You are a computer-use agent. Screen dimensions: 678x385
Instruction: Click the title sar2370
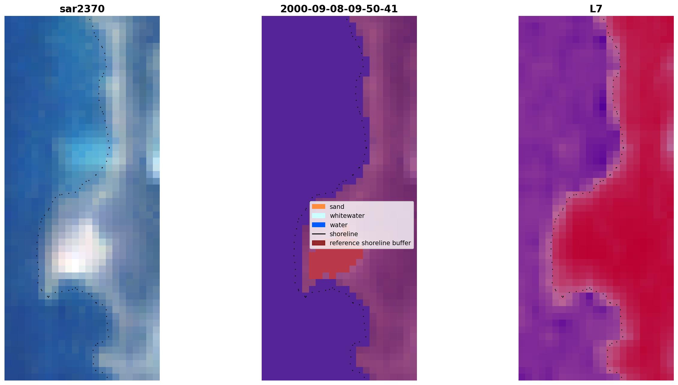(82, 9)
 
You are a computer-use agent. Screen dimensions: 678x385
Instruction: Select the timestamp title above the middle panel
(339, 9)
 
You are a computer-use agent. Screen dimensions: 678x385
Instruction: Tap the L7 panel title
(596, 9)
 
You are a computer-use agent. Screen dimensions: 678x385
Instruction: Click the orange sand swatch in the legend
(319, 206)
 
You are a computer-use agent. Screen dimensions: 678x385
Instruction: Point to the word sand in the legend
(337, 207)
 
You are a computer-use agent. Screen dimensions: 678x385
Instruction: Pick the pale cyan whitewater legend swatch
(319, 215)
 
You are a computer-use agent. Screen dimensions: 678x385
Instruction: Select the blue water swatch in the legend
(319, 225)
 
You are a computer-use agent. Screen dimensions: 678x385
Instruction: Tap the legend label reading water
(338, 225)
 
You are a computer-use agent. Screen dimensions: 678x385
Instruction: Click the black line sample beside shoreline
(319, 234)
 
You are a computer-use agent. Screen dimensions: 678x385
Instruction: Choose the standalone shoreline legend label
(344, 234)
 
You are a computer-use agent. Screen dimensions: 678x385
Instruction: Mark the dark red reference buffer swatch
(319, 243)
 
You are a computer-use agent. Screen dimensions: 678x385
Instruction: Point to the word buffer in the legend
(401, 243)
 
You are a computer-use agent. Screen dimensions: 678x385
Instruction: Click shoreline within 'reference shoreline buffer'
(373, 243)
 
